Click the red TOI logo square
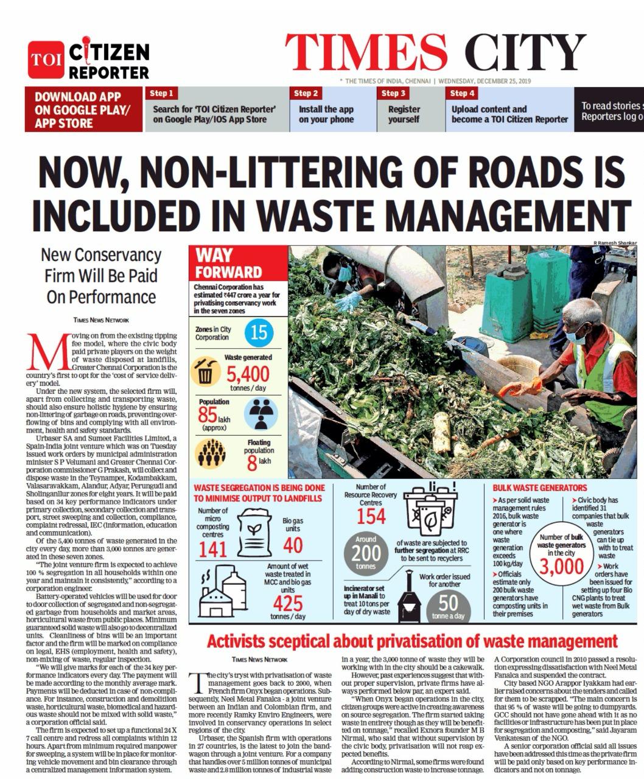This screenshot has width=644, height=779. point(45,60)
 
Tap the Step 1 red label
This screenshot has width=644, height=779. point(161,93)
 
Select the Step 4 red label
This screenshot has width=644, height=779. point(462,93)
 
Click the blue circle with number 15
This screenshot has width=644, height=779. point(259,332)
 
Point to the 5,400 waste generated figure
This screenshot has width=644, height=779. point(248,373)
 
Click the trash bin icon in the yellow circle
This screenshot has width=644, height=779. point(205,371)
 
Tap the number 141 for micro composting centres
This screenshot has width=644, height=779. point(212,549)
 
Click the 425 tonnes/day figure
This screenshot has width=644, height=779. point(287,603)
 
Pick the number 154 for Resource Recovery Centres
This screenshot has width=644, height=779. point(371,516)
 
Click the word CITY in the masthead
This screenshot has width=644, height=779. point(525,53)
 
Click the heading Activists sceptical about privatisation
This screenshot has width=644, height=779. point(412,641)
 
